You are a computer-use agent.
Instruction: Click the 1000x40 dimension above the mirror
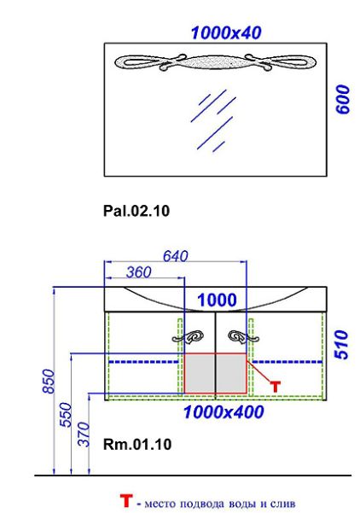(226, 33)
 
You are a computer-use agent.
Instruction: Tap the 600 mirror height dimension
(343, 100)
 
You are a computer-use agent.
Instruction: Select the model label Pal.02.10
(136, 211)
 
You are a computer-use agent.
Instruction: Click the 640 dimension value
(176, 256)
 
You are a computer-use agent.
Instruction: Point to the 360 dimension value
(139, 272)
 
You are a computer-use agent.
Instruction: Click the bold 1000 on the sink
(217, 300)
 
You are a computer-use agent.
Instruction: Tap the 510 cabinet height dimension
(342, 345)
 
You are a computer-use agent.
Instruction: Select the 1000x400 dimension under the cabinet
(224, 412)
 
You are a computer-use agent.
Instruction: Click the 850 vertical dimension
(49, 382)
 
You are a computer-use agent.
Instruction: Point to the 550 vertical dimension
(66, 415)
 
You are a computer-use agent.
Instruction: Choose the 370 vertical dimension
(84, 434)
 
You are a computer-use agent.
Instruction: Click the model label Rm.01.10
(137, 445)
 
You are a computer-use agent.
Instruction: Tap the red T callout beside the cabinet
(276, 387)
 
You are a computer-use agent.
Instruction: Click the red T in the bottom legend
(126, 501)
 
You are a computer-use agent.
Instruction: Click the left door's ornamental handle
(188, 337)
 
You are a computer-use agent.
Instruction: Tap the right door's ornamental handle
(244, 337)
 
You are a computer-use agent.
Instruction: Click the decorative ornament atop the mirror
(216, 62)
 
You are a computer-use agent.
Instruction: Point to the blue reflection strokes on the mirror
(213, 120)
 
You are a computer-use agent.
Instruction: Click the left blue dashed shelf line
(143, 362)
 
